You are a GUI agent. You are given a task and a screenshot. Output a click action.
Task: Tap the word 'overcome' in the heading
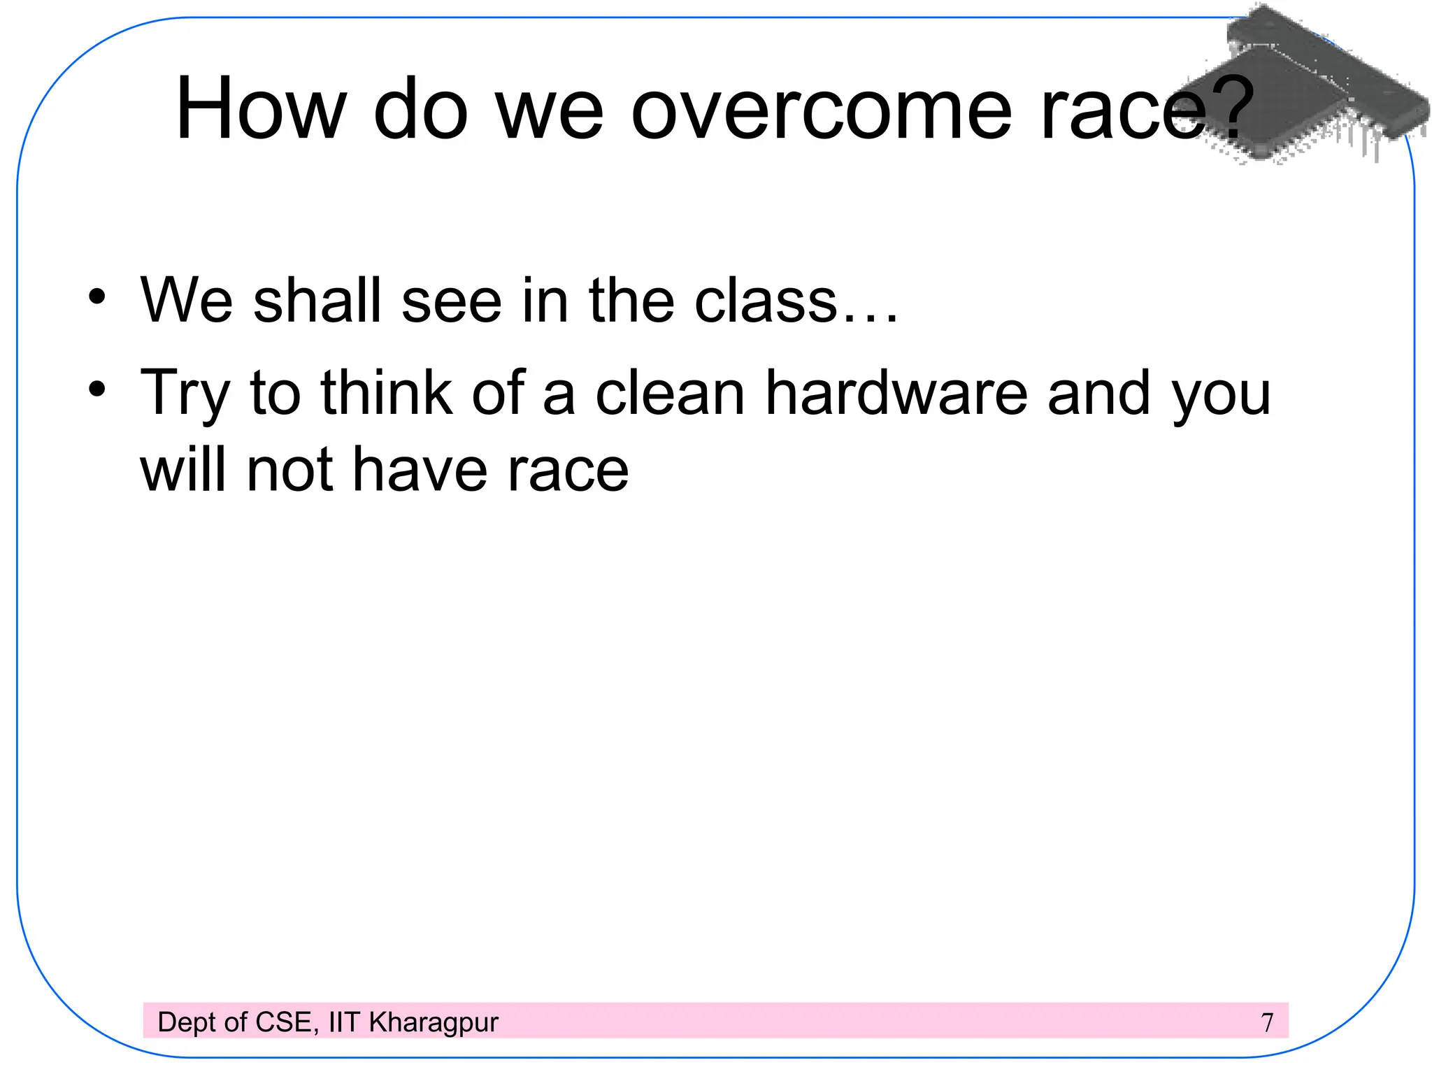(x=821, y=110)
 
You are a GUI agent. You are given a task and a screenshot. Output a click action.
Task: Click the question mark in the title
(x=1230, y=108)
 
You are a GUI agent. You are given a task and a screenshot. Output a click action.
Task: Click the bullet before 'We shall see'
(x=97, y=296)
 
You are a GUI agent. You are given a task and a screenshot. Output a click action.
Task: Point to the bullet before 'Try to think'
(x=97, y=389)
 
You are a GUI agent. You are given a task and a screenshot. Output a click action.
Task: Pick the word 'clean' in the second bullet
(x=670, y=393)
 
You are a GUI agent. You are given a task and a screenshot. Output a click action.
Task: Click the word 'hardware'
(x=896, y=393)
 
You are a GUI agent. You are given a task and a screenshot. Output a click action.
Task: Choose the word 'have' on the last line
(x=420, y=470)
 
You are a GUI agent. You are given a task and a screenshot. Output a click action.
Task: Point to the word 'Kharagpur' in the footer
(x=434, y=1023)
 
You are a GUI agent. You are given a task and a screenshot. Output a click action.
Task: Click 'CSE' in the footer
(x=284, y=1022)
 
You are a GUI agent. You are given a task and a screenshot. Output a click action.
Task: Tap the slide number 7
(x=1267, y=1022)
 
